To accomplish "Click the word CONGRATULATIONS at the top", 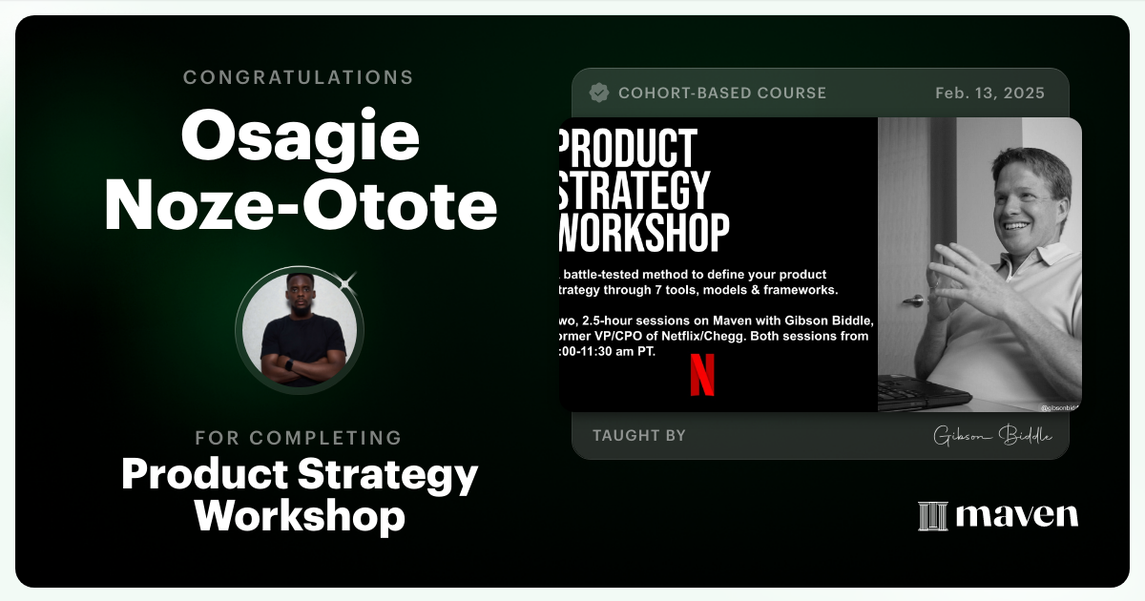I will (x=299, y=77).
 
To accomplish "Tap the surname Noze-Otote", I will (x=301, y=208).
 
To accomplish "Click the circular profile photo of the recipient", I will (x=299, y=329).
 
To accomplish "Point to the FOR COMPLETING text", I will (x=299, y=438).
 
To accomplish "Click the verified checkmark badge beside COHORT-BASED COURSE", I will (x=599, y=93).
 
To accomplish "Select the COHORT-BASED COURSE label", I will (x=721, y=93).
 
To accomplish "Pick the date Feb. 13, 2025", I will (x=989, y=93).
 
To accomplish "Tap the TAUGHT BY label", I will (x=638, y=435).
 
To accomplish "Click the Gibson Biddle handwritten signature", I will (x=992, y=436).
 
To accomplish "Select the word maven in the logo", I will (x=1017, y=515).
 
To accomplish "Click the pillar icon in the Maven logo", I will (x=932, y=516).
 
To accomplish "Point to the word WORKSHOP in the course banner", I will (x=643, y=232).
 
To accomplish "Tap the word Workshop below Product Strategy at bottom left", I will (x=300, y=516).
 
